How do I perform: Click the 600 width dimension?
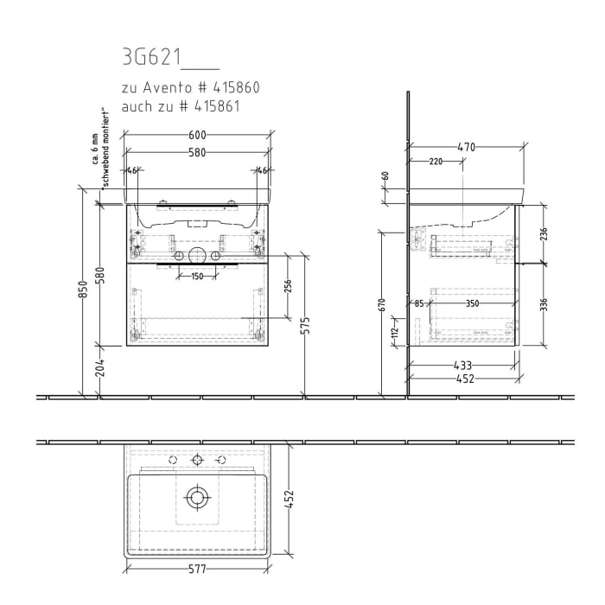click(x=197, y=136)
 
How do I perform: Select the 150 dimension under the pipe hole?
click(x=197, y=276)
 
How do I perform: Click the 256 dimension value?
click(x=288, y=286)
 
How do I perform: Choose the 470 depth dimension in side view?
click(x=466, y=148)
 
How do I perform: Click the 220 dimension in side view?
click(x=436, y=162)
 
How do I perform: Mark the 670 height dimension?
click(x=381, y=305)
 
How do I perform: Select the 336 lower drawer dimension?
click(x=543, y=305)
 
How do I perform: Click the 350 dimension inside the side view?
click(x=472, y=303)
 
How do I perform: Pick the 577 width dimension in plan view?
click(x=197, y=570)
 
